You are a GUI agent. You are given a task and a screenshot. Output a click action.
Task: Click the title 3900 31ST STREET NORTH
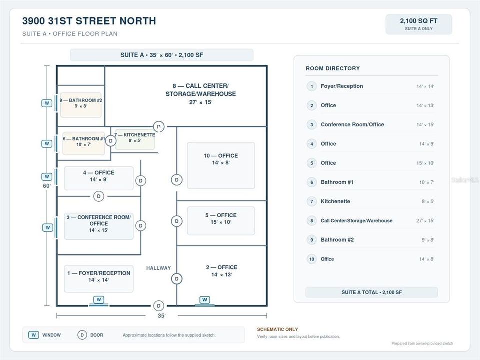[x=89, y=21]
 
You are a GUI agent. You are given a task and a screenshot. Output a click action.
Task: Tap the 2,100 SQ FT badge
[x=419, y=24]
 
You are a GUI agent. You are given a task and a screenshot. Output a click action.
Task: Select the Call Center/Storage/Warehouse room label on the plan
[x=201, y=94]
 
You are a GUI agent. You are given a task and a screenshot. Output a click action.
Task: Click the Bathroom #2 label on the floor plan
[x=81, y=103]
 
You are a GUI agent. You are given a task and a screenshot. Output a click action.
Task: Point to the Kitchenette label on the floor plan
[x=135, y=138]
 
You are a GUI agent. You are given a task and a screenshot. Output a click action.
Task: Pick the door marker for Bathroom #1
[x=111, y=141]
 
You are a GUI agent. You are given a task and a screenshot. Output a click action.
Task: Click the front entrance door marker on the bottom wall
[x=159, y=306]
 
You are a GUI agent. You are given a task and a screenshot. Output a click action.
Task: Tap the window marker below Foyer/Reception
[x=99, y=300]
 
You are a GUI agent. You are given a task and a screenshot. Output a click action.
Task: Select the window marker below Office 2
[x=205, y=300]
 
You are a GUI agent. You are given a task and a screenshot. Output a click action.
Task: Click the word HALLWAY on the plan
[x=158, y=268]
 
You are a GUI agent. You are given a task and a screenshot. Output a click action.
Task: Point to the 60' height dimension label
[x=47, y=186]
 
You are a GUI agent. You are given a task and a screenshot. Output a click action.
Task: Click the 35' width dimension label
[x=162, y=316]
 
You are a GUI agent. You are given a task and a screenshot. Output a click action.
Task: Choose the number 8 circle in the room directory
[x=312, y=220]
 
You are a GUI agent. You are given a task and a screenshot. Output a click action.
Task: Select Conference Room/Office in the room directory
[x=352, y=125]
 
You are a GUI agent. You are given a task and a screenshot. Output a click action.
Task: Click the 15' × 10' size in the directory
[x=425, y=163]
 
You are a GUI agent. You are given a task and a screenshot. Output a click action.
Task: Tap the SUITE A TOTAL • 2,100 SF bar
[x=372, y=292]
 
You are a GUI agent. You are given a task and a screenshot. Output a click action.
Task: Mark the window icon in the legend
[x=33, y=335]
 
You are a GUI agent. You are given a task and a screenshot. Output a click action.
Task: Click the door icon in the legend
[x=82, y=335]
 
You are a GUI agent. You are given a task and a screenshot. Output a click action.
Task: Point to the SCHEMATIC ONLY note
[x=277, y=329]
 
